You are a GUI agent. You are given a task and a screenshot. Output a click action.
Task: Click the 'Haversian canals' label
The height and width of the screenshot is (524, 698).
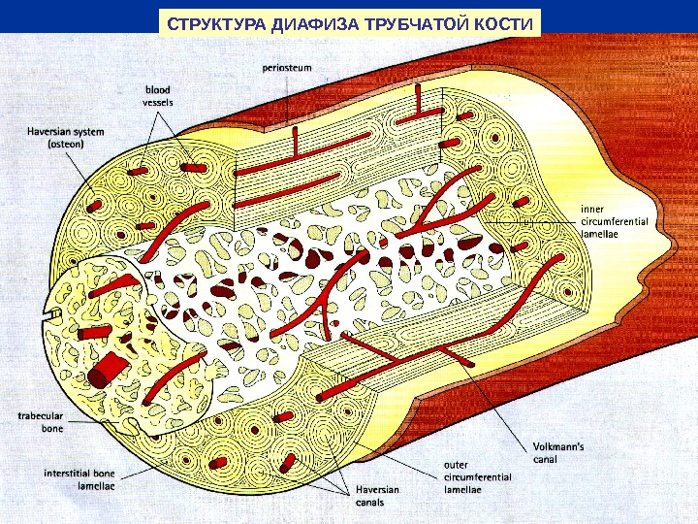[369, 497]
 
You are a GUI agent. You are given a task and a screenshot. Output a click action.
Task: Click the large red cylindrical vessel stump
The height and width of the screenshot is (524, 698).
[107, 370]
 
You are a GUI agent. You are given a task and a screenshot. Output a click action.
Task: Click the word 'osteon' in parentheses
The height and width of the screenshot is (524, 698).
[67, 143]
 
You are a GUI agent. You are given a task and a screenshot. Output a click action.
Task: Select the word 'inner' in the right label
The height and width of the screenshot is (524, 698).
[590, 208]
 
